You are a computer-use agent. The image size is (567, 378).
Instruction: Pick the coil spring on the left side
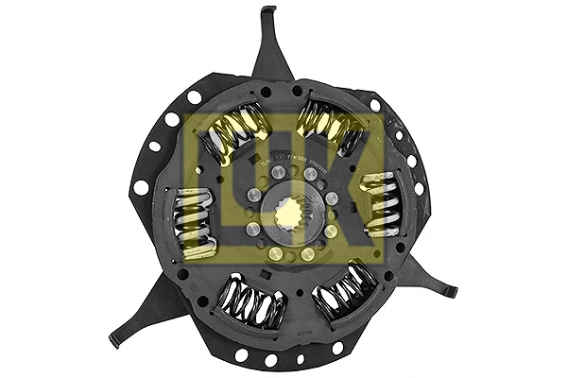[x=194, y=222]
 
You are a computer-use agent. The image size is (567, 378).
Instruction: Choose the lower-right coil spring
[x=346, y=291]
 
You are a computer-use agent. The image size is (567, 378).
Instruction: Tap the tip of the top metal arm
[x=268, y=12]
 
